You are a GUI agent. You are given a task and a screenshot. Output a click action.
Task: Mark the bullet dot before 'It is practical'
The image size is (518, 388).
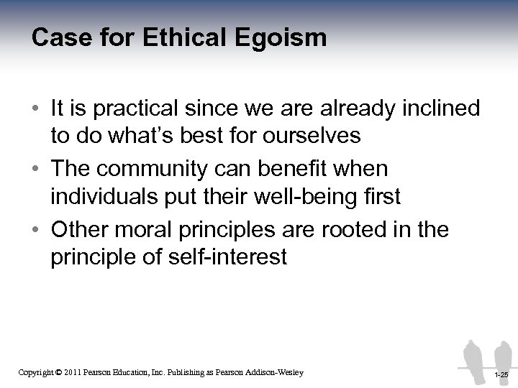pyautogui.click(x=35, y=109)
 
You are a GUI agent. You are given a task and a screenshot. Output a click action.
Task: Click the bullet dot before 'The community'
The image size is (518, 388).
pyautogui.click(x=35, y=170)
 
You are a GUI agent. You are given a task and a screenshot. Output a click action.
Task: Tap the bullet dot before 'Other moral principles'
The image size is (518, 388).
pyautogui.click(x=35, y=231)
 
